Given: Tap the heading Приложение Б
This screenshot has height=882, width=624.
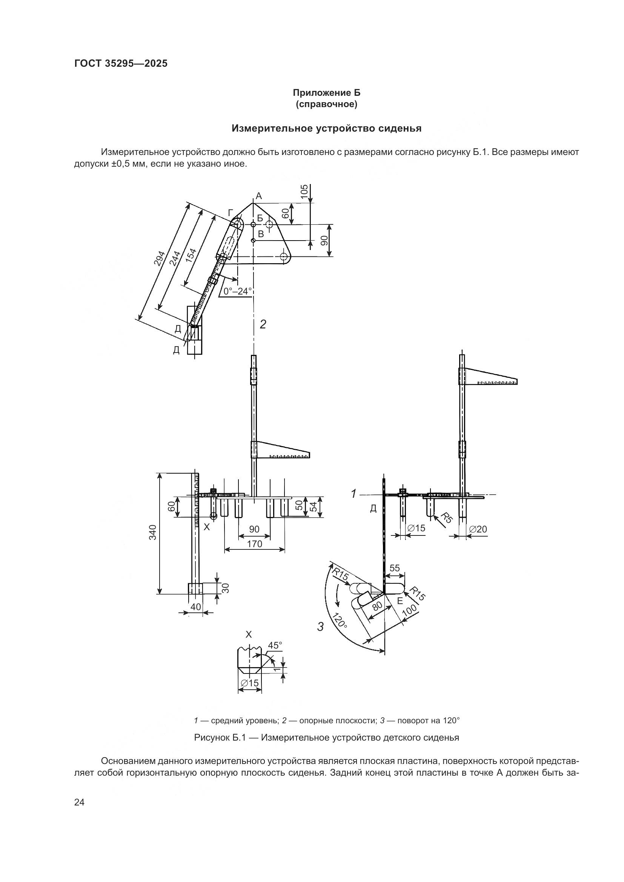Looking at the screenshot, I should [326, 93].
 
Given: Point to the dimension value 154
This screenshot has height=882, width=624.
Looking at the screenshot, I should [191, 256].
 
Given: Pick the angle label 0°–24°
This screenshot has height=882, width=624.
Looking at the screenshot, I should [237, 291].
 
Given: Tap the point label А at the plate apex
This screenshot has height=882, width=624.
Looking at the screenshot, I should [258, 196].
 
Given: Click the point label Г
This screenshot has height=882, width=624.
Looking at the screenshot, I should [230, 212].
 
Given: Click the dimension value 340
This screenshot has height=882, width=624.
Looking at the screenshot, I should [153, 532].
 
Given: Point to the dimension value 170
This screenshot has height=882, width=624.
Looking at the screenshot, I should [254, 544].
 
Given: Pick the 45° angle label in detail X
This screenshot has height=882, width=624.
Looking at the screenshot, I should [275, 645].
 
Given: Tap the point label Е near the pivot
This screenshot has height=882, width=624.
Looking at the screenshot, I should [400, 601].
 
